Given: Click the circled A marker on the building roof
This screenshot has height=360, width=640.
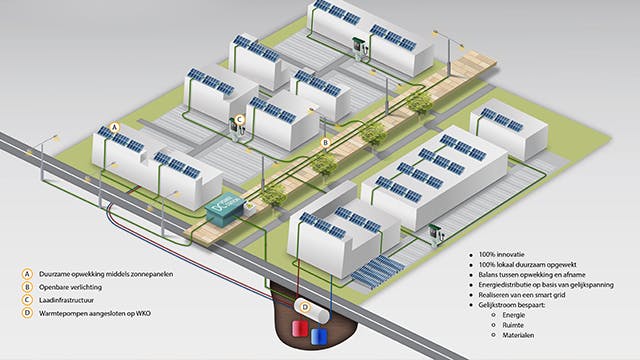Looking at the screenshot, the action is [115, 129].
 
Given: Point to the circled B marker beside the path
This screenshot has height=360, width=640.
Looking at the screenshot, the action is [324, 143].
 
